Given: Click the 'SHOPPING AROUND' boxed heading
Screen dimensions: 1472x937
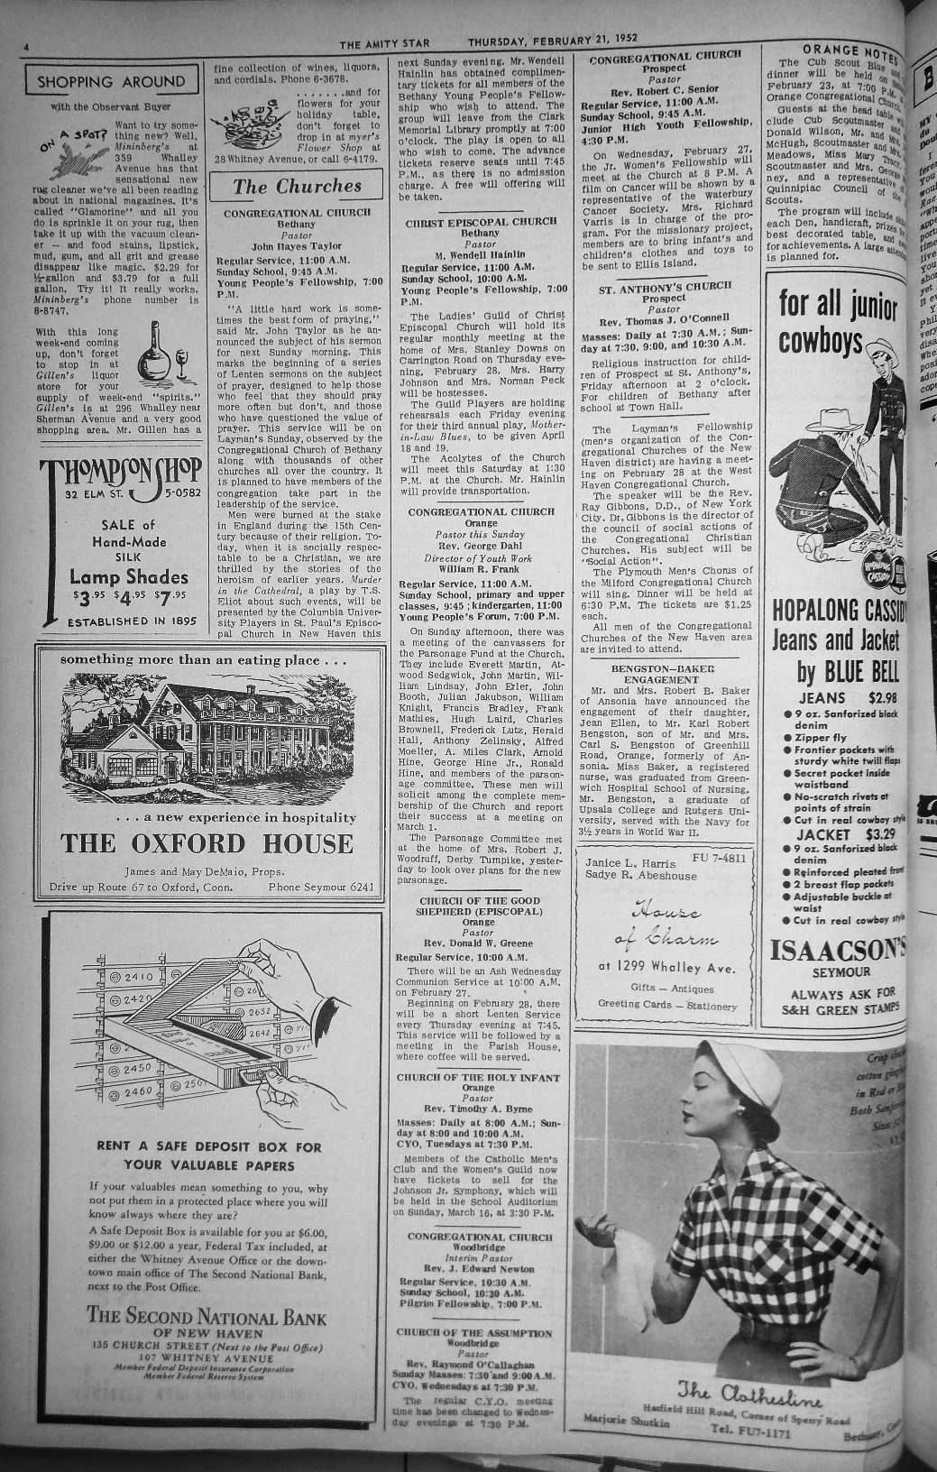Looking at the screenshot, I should [x=111, y=82].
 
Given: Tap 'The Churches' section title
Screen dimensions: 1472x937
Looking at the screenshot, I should [x=297, y=187].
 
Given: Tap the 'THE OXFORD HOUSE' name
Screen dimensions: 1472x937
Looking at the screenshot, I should [x=207, y=844].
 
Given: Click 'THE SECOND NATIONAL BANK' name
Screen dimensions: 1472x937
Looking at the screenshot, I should [x=207, y=1315].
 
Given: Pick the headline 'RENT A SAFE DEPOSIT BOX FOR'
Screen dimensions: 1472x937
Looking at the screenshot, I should [x=208, y=1147].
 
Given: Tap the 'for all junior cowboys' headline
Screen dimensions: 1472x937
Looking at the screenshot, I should [x=839, y=321].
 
